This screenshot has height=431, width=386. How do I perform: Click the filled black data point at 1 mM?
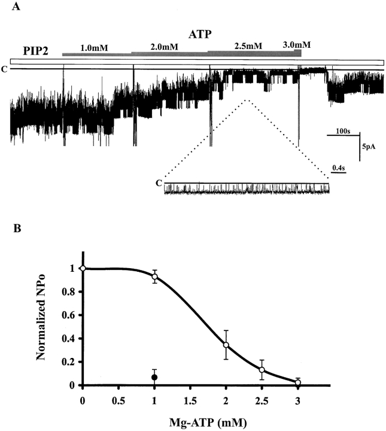[155, 377]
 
